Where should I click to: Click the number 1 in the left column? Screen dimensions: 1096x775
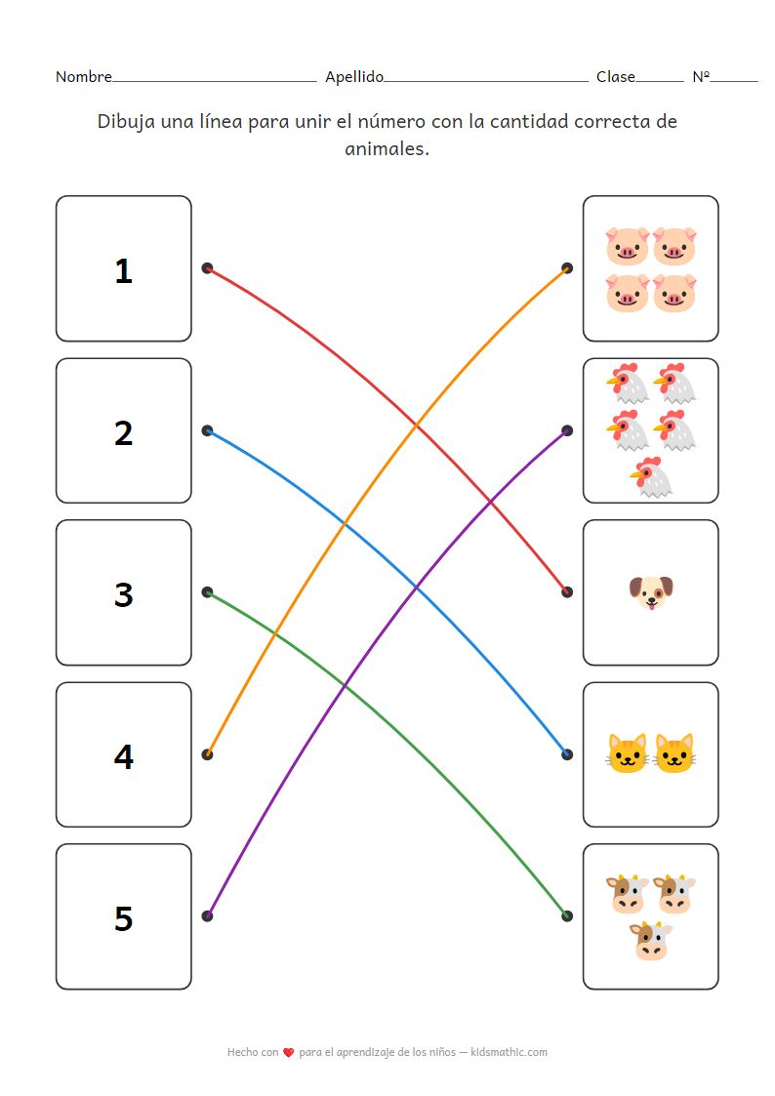coord(123,270)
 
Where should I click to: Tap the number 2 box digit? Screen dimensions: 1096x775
coord(123,432)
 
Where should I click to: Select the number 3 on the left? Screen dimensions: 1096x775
coord(123,594)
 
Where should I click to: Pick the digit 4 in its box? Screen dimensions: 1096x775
coord(123,756)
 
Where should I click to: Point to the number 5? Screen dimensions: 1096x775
coord(123,918)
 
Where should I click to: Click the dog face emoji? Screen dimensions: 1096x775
coord(651,592)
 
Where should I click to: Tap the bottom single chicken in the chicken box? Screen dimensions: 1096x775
coord(652,476)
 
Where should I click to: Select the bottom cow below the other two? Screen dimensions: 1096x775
coord(651,941)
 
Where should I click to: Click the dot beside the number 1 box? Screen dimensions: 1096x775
coord(207,268)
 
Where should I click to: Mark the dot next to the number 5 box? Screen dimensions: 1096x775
coord(207,915)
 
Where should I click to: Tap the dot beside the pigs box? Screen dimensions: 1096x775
coord(567,268)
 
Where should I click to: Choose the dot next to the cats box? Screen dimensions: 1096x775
coord(567,754)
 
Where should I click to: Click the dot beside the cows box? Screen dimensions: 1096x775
coord(567,915)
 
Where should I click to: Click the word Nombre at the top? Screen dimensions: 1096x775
coord(83,77)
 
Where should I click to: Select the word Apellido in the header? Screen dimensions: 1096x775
coord(354,77)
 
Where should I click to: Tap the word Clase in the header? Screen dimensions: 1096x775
coord(616,77)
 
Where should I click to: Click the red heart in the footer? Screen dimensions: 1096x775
coord(288,1052)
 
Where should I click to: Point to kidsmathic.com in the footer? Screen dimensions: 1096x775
coord(509,1052)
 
